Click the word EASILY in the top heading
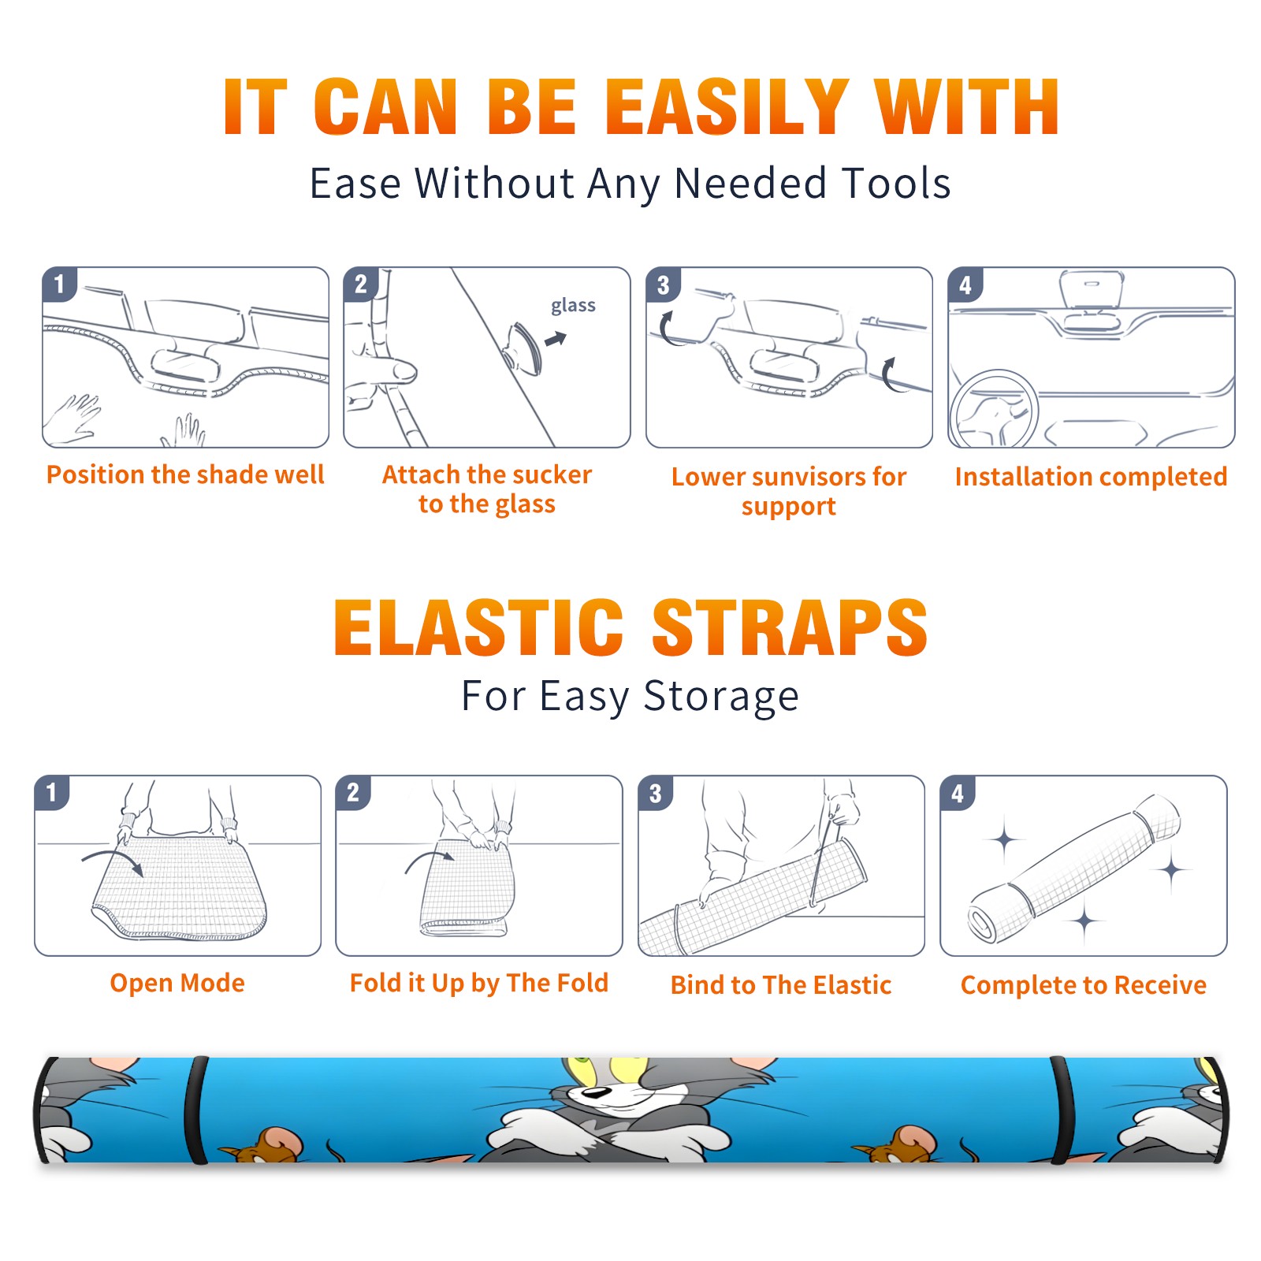(727, 107)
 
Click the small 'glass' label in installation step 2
(573, 306)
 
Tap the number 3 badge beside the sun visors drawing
(663, 285)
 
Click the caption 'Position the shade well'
(185, 474)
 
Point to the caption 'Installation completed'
(1091, 476)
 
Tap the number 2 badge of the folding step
(352, 792)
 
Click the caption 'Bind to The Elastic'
(780, 985)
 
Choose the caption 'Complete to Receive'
(1084, 985)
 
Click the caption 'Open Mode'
(177, 983)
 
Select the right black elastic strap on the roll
(1061, 1110)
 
